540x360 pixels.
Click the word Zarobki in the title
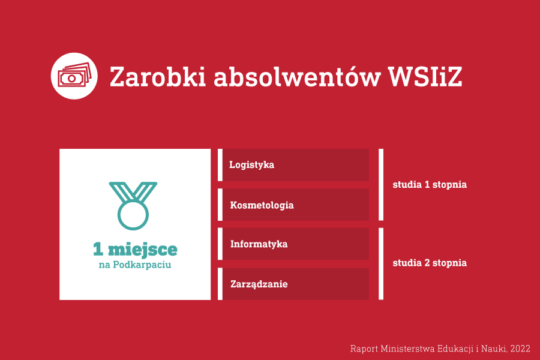coord(158,76)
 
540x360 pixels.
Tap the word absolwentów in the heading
coord(297,76)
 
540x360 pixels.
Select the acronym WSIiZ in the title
coord(425,76)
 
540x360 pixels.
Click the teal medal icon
coord(133,206)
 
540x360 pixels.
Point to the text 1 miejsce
coord(135,249)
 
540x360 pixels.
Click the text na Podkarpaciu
coord(135,265)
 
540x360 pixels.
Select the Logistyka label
coord(252,165)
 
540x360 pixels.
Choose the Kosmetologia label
coord(262,205)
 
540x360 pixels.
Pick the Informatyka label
coord(259,244)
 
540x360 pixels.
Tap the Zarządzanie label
coord(259,284)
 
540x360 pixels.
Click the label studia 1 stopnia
coord(430,185)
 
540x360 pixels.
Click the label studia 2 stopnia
coord(430,263)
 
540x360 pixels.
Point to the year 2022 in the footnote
coord(520,349)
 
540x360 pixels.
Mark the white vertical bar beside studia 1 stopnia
coord(381,185)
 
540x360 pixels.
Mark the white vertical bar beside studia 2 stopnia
coord(381,263)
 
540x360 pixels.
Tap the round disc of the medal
coord(133,215)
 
